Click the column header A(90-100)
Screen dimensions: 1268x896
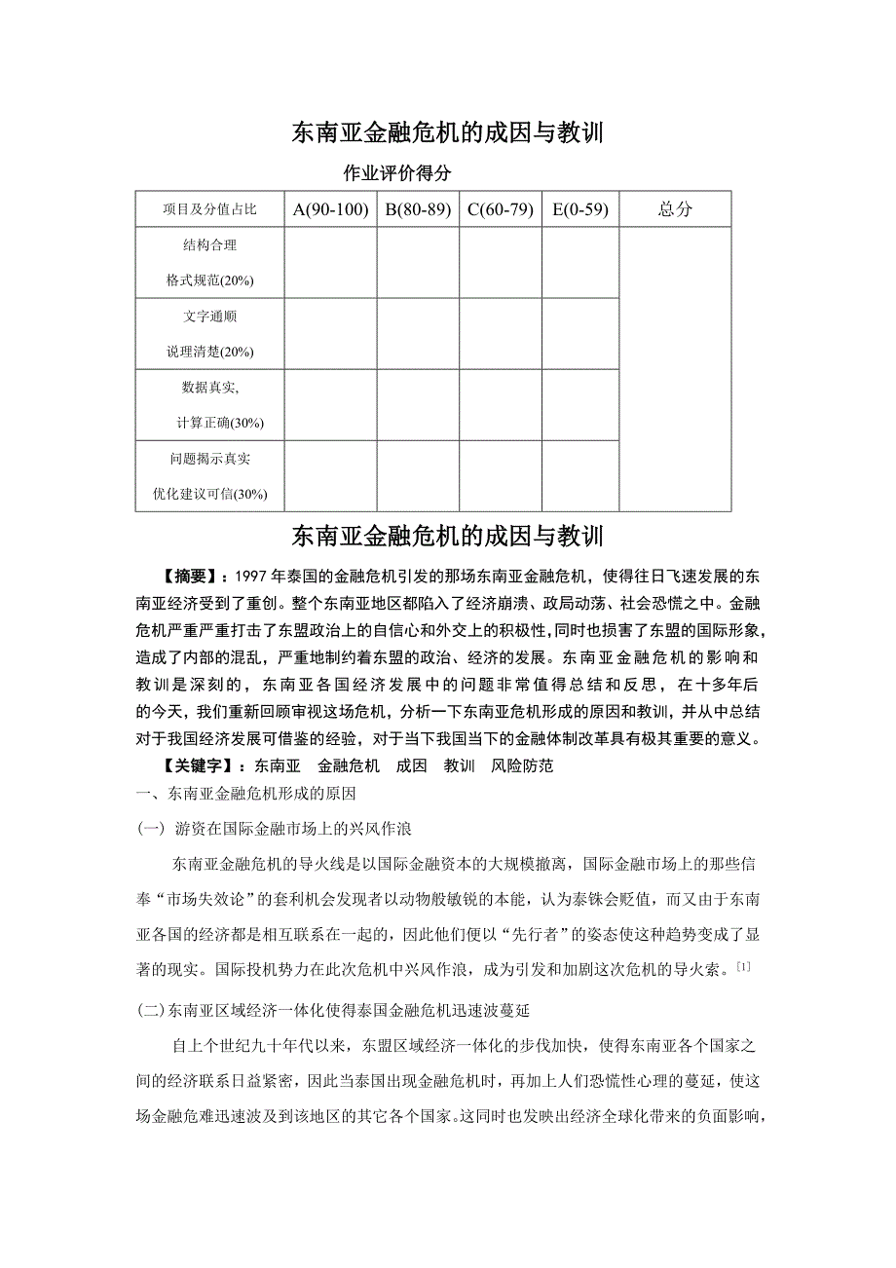point(330,208)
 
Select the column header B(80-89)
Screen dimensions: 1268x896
point(418,208)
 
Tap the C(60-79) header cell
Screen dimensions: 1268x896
point(501,208)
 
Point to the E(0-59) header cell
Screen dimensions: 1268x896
point(580,208)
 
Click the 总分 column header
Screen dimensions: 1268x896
point(675,208)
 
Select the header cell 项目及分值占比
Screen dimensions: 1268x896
point(209,209)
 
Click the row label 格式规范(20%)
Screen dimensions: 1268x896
point(209,280)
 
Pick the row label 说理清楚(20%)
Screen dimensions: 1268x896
point(209,352)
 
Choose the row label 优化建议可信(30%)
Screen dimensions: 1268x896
point(209,494)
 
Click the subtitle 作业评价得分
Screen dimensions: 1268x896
point(398,173)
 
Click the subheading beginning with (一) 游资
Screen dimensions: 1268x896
point(276,829)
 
